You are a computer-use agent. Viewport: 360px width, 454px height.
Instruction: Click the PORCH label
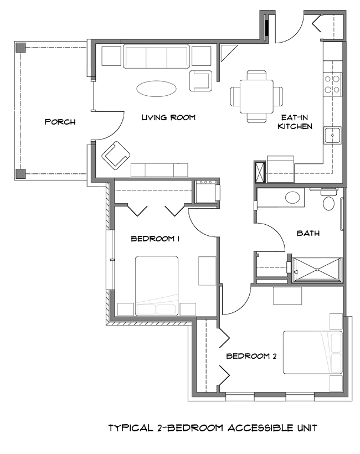pyautogui.click(x=60, y=122)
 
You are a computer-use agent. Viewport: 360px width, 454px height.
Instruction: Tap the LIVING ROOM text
pyautogui.click(x=168, y=117)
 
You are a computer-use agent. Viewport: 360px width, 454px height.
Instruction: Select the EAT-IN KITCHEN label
pyautogui.click(x=295, y=122)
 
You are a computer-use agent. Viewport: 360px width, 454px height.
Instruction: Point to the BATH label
pyautogui.click(x=308, y=233)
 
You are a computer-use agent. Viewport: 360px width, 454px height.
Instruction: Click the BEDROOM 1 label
pyautogui.click(x=156, y=239)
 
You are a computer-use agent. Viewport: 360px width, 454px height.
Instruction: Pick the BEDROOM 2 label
pyautogui.click(x=251, y=356)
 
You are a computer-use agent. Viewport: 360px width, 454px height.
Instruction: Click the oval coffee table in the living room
pyautogui.click(x=157, y=89)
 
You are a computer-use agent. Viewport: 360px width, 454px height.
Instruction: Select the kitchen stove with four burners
pyautogui.click(x=332, y=84)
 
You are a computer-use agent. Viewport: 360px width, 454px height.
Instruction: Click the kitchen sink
pyautogui.click(x=333, y=135)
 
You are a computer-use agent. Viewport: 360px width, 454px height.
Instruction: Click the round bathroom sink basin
pyautogui.click(x=291, y=197)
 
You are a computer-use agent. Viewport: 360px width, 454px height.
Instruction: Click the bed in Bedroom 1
pyautogui.click(x=157, y=286)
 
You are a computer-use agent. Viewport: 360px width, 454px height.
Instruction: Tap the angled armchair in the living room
pyautogui.click(x=116, y=156)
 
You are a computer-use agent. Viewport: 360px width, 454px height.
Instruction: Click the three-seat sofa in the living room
pyautogui.click(x=156, y=56)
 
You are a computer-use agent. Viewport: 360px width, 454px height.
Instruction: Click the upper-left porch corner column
pyautogui.click(x=20, y=47)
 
